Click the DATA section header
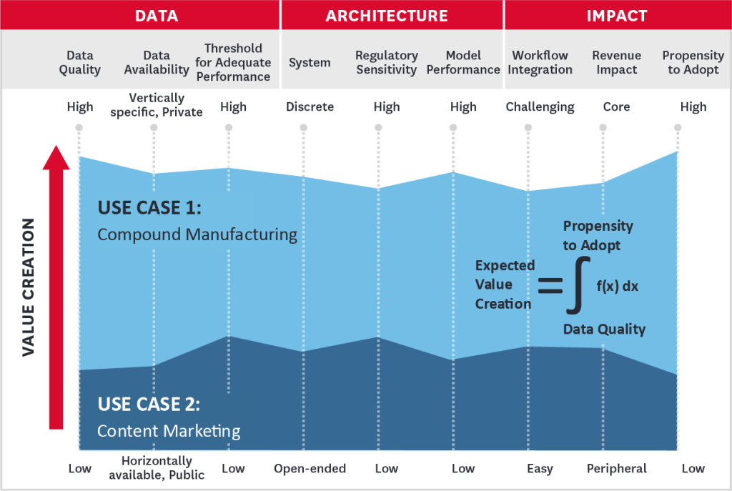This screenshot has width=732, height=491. (x=157, y=15)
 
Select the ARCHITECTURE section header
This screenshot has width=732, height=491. (x=387, y=15)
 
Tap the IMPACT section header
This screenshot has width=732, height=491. (x=616, y=15)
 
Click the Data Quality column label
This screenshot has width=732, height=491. (x=80, y=62)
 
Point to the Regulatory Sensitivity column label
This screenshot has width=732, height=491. (x=386, y=62)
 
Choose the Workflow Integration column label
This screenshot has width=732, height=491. (x=540, y=62)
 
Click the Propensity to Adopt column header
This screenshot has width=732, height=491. (x=693, y=62)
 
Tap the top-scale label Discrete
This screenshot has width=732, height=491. (x=310, y=107)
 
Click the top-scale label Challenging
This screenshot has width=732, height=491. (x=540, y=107)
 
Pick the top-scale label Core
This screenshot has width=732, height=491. (x=615, y=107)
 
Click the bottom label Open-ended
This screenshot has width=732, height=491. (x=310, y=469)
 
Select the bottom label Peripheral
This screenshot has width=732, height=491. (x=616, y=469)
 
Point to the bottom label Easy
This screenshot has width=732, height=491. (x=540, y=469)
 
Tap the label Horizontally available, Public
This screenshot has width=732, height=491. (x=162, y=468)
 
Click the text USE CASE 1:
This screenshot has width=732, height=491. (x=149, y=208)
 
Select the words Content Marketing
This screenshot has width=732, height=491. (x=169, y=431)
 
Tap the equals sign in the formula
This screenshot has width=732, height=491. (x=550, y=286)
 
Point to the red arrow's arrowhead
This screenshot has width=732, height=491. (x=56, y=157)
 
